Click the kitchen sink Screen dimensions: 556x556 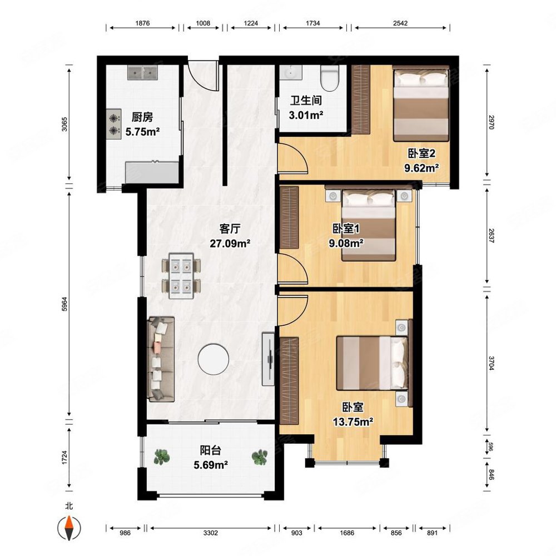point(142,73)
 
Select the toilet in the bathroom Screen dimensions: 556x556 point(329,78)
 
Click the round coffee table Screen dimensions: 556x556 point(213,359)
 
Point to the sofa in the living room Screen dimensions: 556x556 point(161,359)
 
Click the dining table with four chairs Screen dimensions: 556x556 point(181,276)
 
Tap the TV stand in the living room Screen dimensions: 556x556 point(268,359)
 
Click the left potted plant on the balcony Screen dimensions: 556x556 point(162,456)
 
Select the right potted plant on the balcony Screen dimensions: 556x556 point(260,457)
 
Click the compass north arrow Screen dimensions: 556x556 point(69,528)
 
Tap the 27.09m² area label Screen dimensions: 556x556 point(230,244)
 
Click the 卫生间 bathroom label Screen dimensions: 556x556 point(306,100)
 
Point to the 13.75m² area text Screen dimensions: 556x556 point(353,421)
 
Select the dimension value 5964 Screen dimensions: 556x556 point(64,304)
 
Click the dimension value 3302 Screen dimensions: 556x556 point(211,533)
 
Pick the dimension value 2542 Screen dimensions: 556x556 point(400,23)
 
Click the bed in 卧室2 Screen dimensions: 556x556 point(421,103)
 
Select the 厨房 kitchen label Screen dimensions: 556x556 point(142,117)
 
